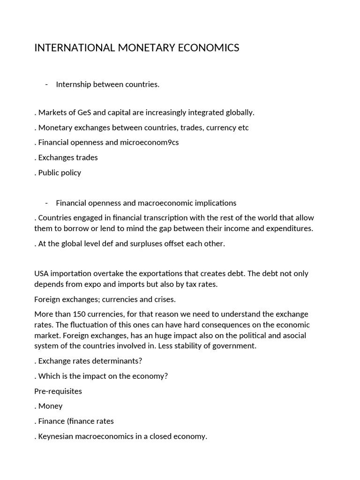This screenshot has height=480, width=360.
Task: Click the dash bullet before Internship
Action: click(47, 84)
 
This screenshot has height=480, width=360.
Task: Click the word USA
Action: click(41, 274)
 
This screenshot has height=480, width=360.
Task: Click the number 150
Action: click(77, 314)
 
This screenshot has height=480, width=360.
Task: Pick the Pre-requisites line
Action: click(58, 391)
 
